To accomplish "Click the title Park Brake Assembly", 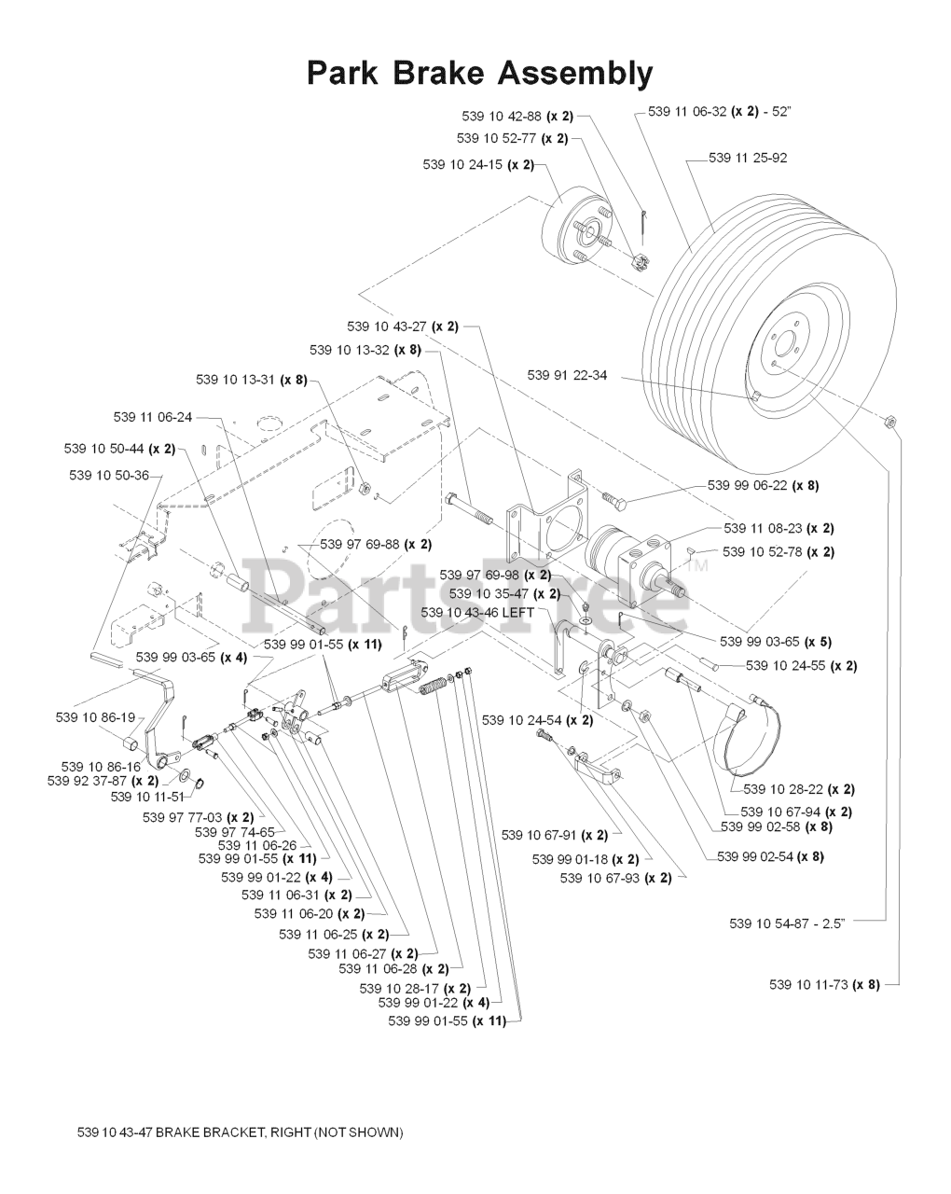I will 479,72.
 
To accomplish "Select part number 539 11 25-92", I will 748,158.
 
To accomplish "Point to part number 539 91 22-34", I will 566,375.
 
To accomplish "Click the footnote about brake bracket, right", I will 240,1132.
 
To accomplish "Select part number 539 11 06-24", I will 153,417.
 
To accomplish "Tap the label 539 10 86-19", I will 95,717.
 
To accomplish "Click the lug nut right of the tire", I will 889,422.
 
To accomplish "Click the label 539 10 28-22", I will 799,789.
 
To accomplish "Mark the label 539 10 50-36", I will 109,475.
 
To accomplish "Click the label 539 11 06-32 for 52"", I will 720,111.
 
